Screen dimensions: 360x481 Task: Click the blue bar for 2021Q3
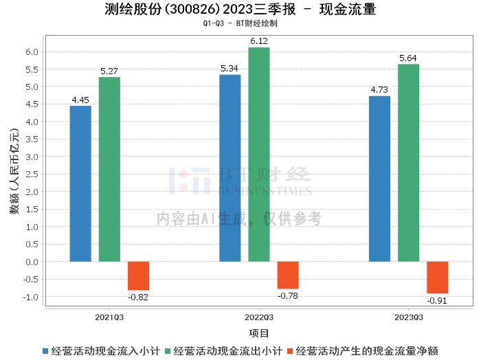pos(80,183)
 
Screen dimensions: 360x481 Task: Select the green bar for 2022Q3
pos(259,154)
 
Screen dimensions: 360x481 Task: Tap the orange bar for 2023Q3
pos(437,277)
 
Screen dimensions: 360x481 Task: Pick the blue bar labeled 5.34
pos(230,168)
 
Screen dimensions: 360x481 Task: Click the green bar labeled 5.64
pos(408,162)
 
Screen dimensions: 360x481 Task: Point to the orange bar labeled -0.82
pos(138,275)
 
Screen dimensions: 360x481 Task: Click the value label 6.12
pos(259,42)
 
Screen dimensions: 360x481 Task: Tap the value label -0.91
pos(437,300)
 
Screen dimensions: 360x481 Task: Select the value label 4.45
pos(80,100)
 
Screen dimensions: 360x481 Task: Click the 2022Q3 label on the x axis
pos(259,317)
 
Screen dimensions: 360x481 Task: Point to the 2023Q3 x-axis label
pos(408,317)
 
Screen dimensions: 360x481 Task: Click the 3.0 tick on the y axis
pos(32,157)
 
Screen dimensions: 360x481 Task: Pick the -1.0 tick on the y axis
pos(30,297)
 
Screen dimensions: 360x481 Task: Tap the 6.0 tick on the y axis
pos(32,52)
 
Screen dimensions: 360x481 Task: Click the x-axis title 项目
pos(259,334)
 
